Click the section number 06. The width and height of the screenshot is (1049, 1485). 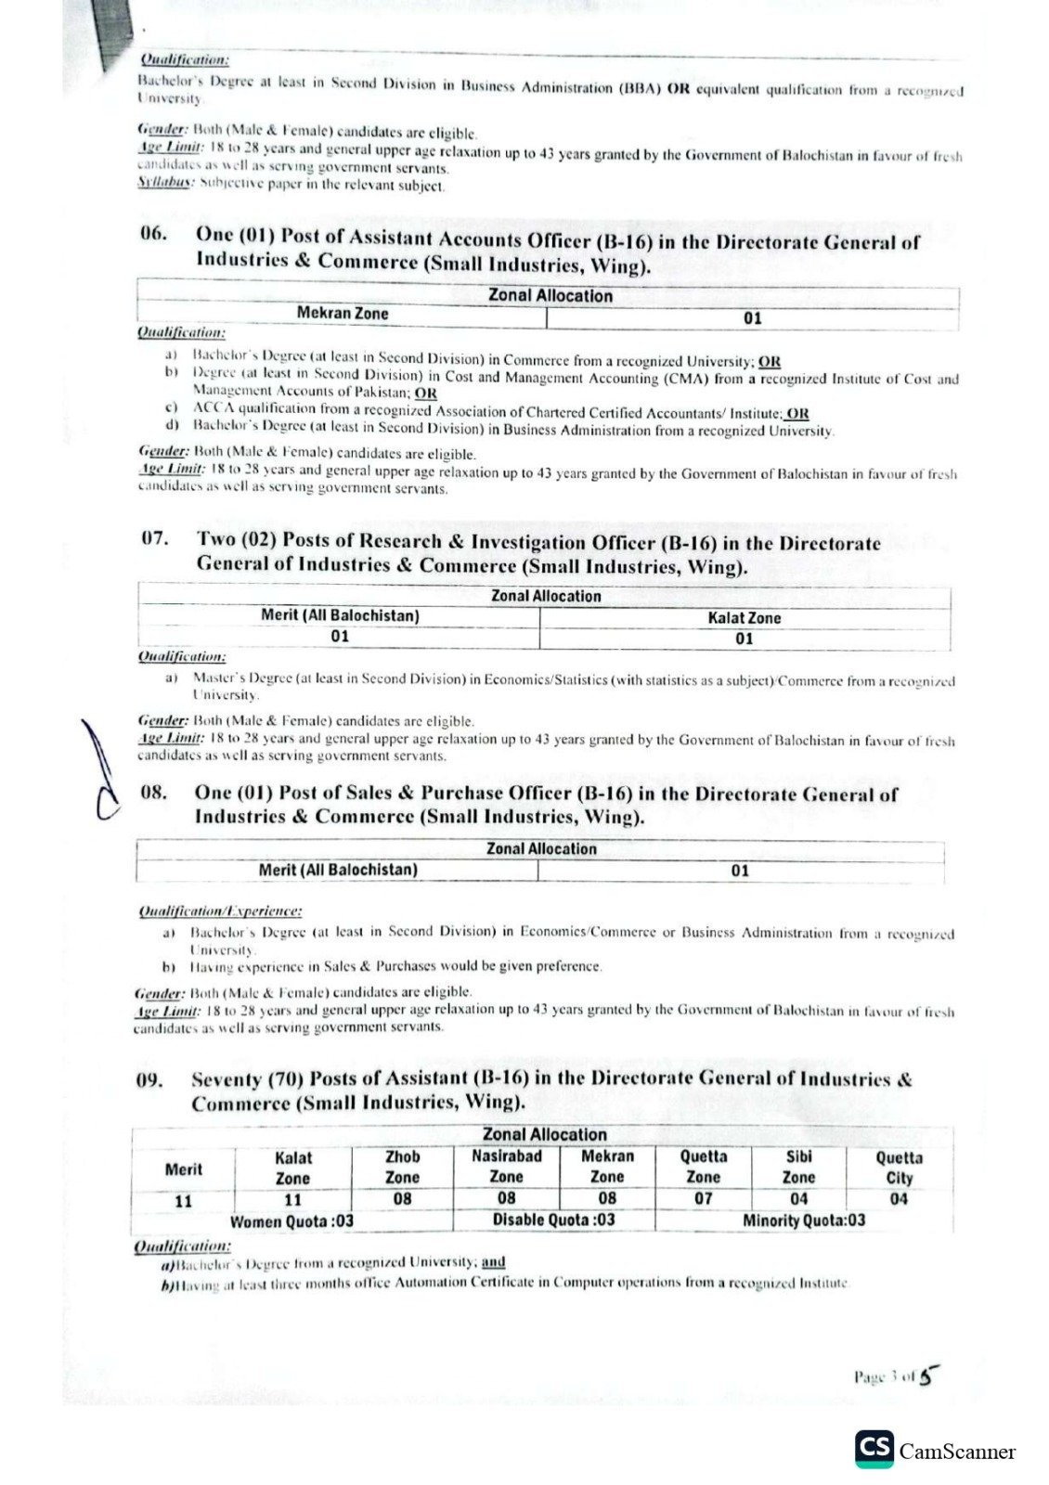point(153,233)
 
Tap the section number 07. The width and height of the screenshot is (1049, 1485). point(154,538)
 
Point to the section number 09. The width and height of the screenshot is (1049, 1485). point(151,1079)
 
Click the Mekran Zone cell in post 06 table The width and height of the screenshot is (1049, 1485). point(343,314)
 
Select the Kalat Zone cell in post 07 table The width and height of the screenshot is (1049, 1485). point(745,618)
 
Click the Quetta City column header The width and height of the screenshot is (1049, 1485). point(899,1168)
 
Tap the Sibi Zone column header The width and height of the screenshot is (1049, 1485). point(798,1167)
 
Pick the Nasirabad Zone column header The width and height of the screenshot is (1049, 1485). point(507,1167)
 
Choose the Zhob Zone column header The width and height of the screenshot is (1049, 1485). point(402,1167)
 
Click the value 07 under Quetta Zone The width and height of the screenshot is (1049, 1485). point(703,1198)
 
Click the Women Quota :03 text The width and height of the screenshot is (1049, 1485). point(291,1220)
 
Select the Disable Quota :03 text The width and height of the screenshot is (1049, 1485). point(553,1220)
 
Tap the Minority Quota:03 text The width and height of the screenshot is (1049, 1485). point(804,1220)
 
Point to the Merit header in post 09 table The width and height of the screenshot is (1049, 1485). point(183,1169)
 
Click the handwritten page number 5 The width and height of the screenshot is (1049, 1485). point(925,1377)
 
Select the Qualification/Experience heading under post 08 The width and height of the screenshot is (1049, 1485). point(220,912)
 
